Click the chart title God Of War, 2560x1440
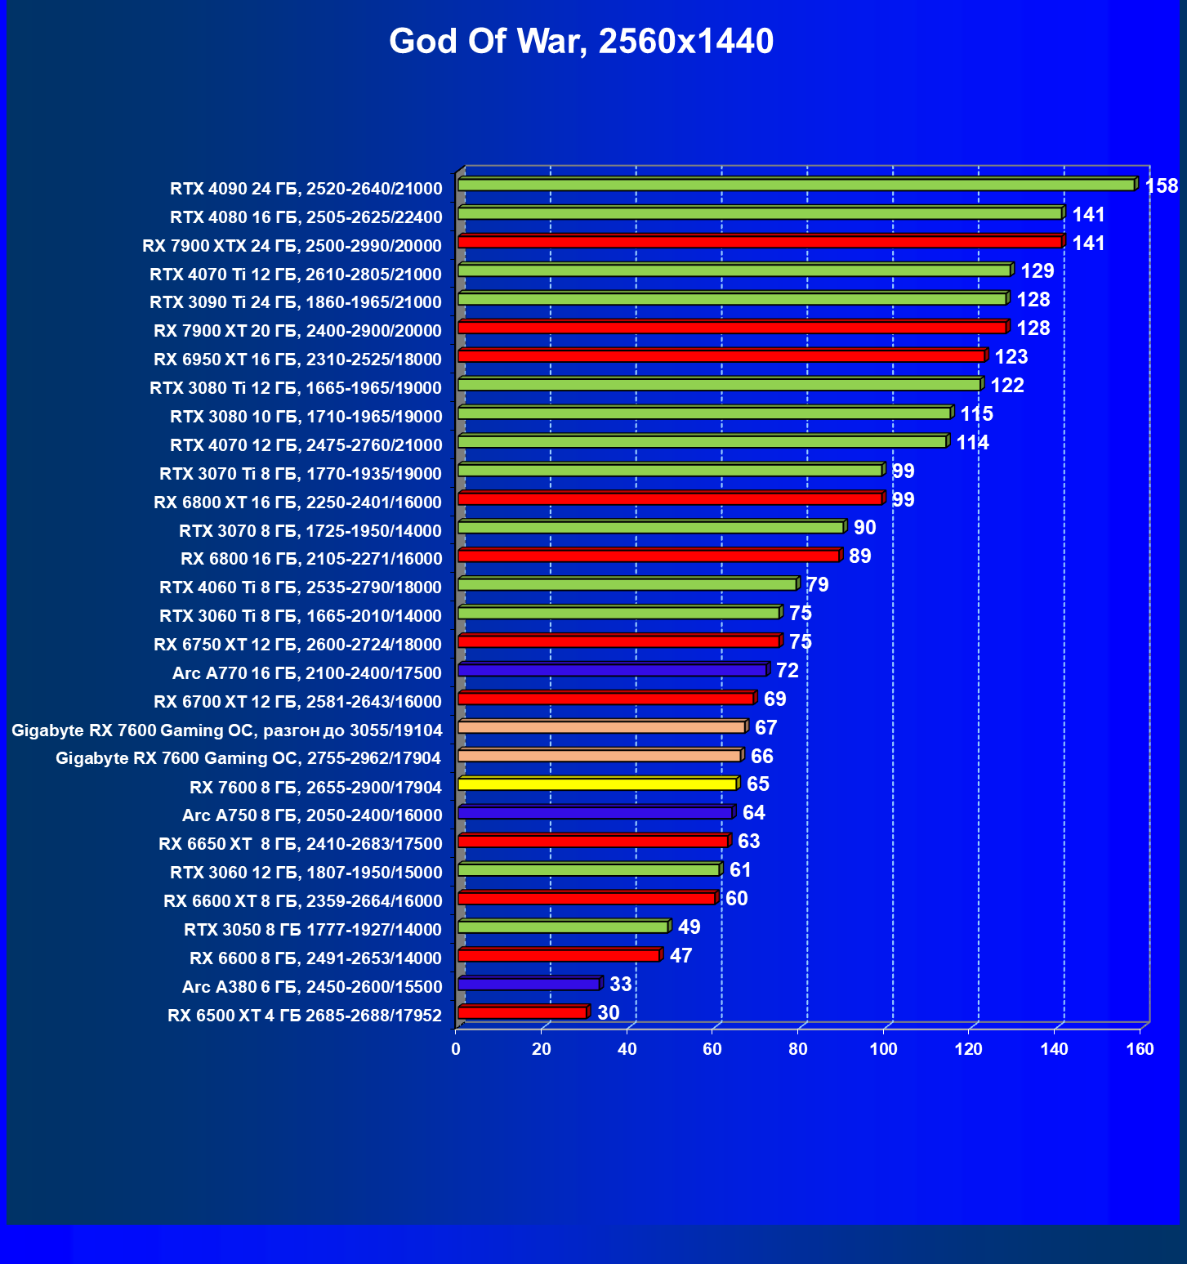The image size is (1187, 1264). tap(581, 42)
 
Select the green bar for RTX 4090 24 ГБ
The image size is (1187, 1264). tap(797, 185)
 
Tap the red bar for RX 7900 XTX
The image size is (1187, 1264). tap(760, 242)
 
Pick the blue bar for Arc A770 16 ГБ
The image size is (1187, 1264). tap(613, 670)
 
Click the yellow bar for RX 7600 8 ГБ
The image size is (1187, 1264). tap(597, 784)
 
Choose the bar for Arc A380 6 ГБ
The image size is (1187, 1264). tap(529, 985)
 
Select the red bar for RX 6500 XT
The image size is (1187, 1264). tap(523, 1013)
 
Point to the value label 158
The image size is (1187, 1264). tap(1161, 186)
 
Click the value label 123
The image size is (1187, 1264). tap(1011, 357)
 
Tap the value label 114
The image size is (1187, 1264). tap(972, 443)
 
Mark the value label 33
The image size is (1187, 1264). tap(620, 985)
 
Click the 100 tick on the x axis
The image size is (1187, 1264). tap(883, 1049)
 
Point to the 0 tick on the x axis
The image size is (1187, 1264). tap(456, 1049)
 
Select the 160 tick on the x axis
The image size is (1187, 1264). tap(1140, 1049)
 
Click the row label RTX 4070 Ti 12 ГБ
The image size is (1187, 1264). tap(296, 275)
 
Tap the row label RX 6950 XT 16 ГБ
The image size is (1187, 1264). tap(297, 360)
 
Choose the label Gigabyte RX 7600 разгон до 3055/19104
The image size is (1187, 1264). tap(227, 730)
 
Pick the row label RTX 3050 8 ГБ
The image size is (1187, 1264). tap(313, 930)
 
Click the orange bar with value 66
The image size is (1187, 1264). tap(600, 756)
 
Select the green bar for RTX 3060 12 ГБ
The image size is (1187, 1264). tap(588, 870)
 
